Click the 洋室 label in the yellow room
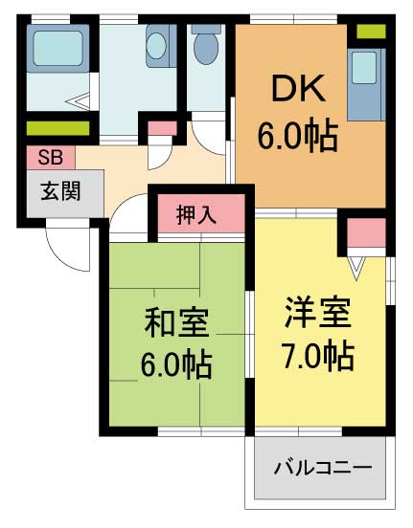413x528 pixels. click(317, 313)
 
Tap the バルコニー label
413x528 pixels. click(322, 469)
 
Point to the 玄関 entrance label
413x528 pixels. click(59, 190)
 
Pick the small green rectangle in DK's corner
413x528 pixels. click(371, 32)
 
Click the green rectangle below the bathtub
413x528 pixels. click(57, 128)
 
